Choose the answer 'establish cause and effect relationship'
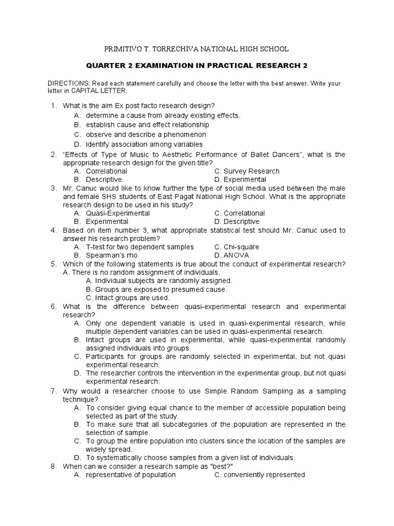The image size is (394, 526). (x=147, y=125)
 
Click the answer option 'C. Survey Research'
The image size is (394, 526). (x=247, y=171)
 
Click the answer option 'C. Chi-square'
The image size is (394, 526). (x=237, y=247)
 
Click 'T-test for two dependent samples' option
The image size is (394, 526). (x=140, y=247)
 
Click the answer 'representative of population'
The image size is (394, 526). (x=130, y=475)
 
